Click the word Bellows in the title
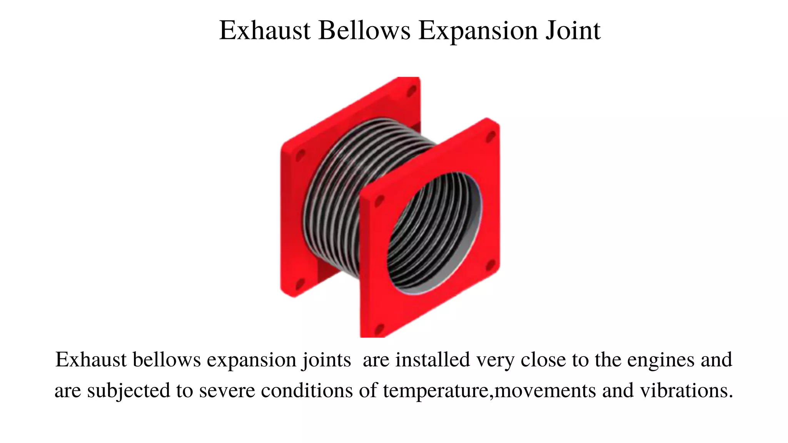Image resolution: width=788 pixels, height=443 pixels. click(364, 30)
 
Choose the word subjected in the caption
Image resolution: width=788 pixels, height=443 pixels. click(129, 391)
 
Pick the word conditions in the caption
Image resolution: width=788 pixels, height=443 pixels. click(307, 390)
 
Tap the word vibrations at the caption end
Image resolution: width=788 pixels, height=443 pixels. click(686, 390)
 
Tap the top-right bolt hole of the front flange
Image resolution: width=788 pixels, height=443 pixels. click(491, 137)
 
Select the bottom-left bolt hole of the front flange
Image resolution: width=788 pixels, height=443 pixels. click(379, 329)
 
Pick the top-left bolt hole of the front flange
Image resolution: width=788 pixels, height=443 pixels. click(379, 200)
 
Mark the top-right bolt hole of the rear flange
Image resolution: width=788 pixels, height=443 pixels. click(412, 91)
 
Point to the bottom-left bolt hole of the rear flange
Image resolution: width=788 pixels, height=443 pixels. click(300, 285)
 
